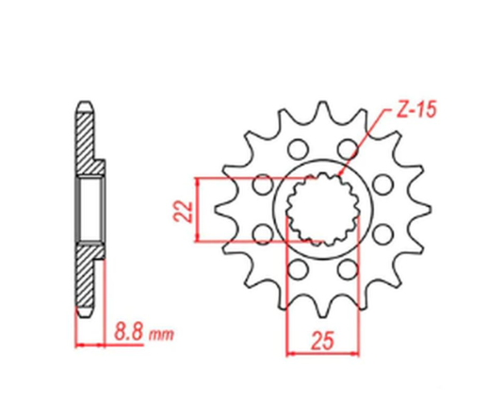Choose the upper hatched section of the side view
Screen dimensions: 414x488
pyautogui.click(x=86, y=141)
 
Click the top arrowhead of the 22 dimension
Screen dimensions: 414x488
pyautogui.click(x=197, y=180)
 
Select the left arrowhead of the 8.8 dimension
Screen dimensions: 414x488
pyautogui.click(x=78, y=344)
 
